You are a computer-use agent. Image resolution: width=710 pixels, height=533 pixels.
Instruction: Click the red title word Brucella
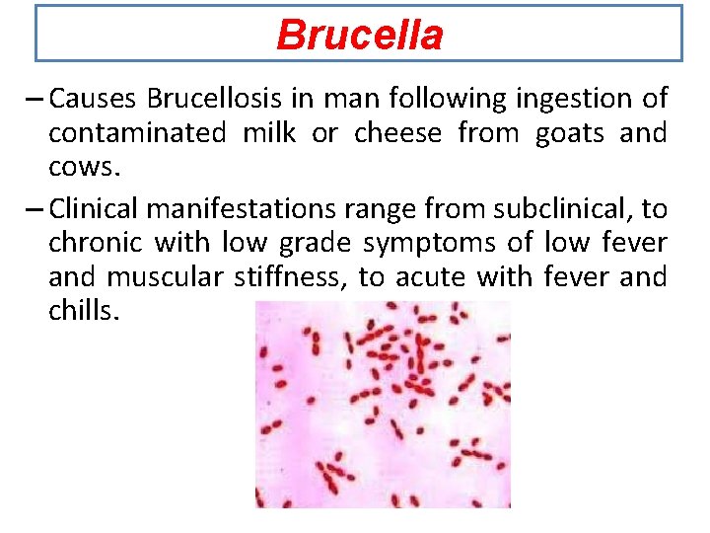click(360, 36)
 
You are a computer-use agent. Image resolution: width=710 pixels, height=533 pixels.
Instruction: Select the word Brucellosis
click(214, 99)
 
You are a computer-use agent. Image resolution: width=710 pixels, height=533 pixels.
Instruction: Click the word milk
click(269, 133)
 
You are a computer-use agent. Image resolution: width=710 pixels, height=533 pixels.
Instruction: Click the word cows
click(84, 167)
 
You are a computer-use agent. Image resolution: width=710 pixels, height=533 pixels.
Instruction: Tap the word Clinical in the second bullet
click(94, 209)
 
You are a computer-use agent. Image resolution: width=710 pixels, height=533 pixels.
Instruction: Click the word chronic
click(96, 244)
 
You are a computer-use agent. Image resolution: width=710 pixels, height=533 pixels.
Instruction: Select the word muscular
click(166, 277)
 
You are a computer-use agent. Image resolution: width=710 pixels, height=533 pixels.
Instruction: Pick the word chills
click(84, 312)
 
